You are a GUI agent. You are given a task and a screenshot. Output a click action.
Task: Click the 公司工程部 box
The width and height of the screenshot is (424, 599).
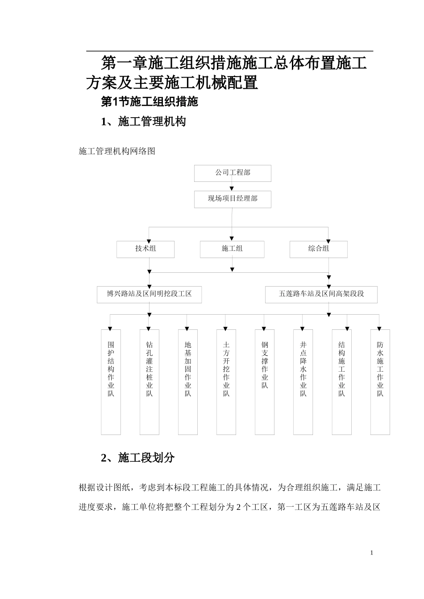(x=232, y=173)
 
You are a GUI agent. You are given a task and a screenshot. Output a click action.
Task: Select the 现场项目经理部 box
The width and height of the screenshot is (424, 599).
(x=232, y=199)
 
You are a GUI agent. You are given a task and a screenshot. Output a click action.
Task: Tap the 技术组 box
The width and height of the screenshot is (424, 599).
(x=145, y=249)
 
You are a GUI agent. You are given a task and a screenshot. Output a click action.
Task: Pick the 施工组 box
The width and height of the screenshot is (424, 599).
(x=232, y=249)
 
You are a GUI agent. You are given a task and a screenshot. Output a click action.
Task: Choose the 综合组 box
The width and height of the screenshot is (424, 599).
(x=318, y=249)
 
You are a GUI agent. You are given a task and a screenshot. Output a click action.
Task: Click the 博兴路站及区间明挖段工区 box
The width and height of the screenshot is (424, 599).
(x=149, y=295)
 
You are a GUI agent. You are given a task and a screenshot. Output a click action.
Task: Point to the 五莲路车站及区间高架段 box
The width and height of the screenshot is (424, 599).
(x=321, y=295)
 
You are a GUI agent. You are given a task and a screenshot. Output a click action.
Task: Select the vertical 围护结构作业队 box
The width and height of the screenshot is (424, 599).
(x=111, y=382)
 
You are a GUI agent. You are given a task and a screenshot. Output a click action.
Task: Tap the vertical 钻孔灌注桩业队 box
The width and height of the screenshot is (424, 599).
(x=149, y=382)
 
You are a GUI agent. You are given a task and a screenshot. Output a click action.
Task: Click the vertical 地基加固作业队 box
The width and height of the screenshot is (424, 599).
(x=188, y=382)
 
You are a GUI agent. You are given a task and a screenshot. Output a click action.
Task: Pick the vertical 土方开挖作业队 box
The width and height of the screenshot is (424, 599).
(x=226, y=382)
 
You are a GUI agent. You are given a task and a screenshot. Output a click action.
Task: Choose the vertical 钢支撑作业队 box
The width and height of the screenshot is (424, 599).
(x=265, y=382)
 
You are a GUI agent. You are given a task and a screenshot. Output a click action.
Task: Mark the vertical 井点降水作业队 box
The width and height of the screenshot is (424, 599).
(x=303, y=382)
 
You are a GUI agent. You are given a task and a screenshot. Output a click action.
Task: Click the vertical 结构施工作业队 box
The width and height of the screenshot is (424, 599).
(x=341, y=382)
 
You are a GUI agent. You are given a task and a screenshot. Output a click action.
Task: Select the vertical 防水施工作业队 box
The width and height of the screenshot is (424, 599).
(x=380, y=382)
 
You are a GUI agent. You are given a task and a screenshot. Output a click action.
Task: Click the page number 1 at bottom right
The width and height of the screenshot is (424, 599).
(x=371, y=553)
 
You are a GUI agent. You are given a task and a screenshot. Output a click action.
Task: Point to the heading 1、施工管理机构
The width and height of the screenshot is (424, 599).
(x=143, y=122)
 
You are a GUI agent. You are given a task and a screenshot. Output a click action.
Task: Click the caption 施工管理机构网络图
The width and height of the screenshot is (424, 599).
(x=117, y=152)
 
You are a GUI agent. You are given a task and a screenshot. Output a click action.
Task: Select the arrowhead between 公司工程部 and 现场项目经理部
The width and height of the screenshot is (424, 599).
(x=232, y=189)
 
